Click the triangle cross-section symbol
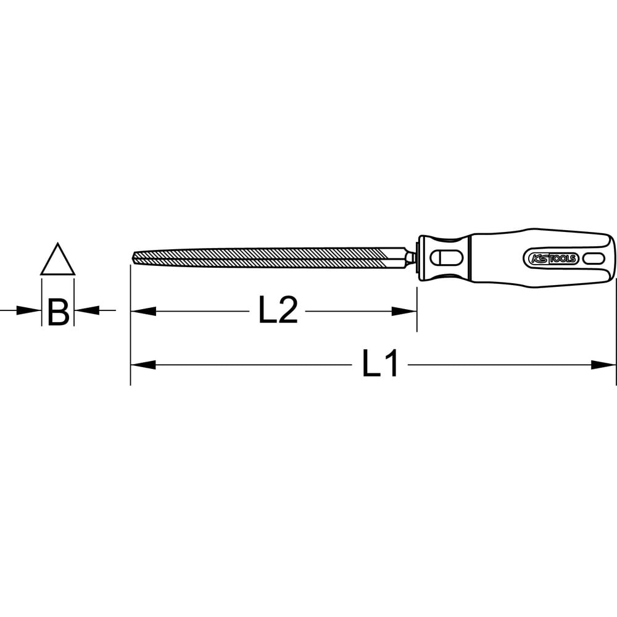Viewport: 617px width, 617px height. click(57, 273)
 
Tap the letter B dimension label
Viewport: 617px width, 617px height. click(58, 312)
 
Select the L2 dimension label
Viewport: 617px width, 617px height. click(278, 311)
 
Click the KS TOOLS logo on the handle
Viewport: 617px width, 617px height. click(551, 259)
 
